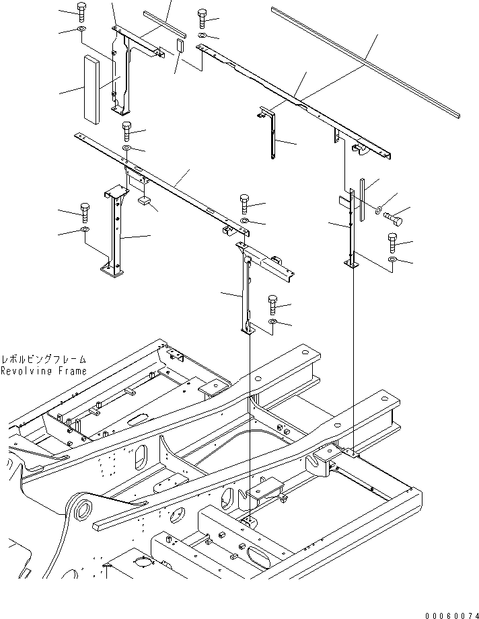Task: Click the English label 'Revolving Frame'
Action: tap(44, 371)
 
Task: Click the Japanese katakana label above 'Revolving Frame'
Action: tap(44, 360)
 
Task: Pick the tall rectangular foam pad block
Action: tap(91, 90)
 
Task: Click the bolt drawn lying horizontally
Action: tap(394, 218)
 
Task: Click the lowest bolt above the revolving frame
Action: tap(273, 304)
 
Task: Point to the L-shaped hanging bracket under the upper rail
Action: tap(270, 131)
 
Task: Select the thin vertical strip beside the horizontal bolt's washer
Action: tap(362, 200)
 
